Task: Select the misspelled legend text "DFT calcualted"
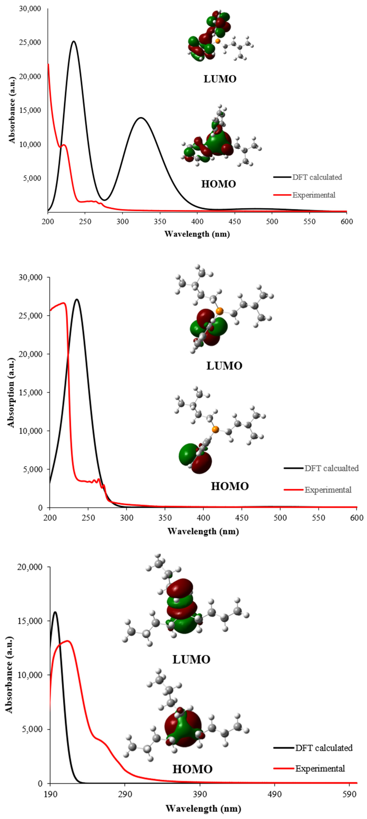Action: (x=331, y=468)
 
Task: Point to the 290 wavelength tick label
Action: (x=125, y=794)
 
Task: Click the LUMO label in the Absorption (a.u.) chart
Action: (x=224, y=366)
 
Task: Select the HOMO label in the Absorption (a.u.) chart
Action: (x=230, y=486)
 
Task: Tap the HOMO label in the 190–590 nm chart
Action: (x=192, y=769)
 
